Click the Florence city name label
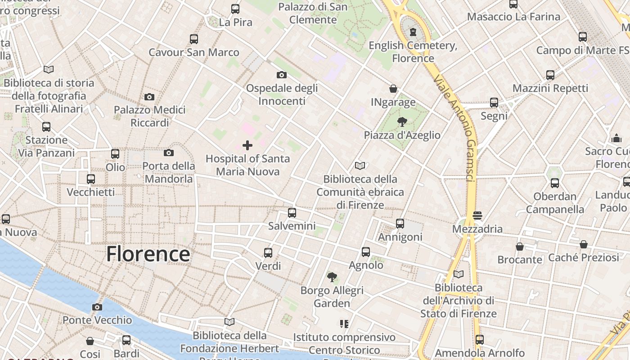(x=148, y=254)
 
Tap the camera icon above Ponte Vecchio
(x=97, y=307)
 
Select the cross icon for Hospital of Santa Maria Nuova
(x=247, y=145)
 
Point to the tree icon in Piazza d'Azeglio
(x=402, y=121)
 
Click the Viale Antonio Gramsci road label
(x=455, y=128)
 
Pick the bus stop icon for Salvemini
(x=292, y=212)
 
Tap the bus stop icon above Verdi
(x=268, y=252)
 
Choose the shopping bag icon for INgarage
(x=393, y=89)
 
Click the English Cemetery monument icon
(x=413, y=32)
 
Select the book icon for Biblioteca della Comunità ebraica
(x=360, y=166)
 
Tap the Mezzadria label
(x=477, y=229)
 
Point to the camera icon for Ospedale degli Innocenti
(x=282, y=75)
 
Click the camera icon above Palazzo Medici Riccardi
(x=149, y=97)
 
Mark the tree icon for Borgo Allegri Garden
(x=332, y=277)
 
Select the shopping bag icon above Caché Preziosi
(x=584, y=244)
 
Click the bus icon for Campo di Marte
(x=583, y=36)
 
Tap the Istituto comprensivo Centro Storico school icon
(x=344, y=324)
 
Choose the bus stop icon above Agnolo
(x=366, y=252)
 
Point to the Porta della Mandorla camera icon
(x=169, y=153)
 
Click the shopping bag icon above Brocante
(x=520, y=247)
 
